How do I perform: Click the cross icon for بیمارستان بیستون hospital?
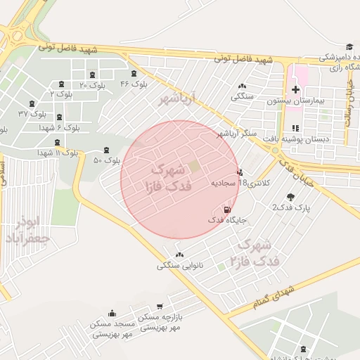(x=296, y=89)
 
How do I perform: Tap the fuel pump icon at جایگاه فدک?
(x=226, y=210)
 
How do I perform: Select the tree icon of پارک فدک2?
(x=290, y=197)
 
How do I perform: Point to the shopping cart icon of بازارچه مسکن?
(x=160, y=307)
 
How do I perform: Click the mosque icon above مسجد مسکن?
(x=112, y=314)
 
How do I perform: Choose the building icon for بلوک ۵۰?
(x=106, y=150)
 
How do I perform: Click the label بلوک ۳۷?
(x=32, y=113)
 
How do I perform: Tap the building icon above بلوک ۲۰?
(x=93, y=75)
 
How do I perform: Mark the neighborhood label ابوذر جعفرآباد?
(x=27, y=231)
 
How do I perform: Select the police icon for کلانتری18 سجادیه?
(x=240, y=172)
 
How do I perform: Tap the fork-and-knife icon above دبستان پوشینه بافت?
(x=295, y=128)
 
